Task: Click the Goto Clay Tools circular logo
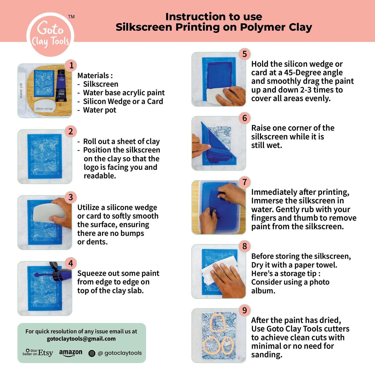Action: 50,35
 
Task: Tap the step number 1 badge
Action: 71,65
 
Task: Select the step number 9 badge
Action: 244,310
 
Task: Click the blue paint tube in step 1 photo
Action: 61,86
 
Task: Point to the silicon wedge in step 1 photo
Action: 44,107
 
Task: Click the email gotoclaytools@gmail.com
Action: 81,339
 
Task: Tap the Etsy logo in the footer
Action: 45,353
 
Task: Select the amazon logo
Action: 71,353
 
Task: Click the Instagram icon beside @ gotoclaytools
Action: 92,353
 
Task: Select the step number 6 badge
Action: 244,118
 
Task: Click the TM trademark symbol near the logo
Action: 71,17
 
